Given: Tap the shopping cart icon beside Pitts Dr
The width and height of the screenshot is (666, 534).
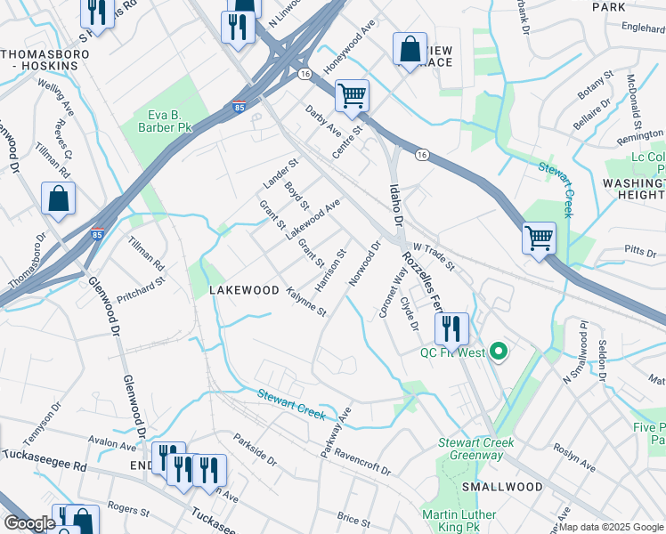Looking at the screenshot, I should (x=539, y=238).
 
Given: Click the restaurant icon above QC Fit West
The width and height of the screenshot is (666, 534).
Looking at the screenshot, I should (x=451, y=328).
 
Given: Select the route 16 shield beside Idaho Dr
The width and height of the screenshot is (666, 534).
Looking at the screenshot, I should (x=422, y=154).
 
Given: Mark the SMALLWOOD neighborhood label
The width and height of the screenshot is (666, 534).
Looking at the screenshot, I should (x=502, y=487).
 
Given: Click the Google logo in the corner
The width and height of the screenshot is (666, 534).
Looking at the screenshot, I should (x=29, y=523).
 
